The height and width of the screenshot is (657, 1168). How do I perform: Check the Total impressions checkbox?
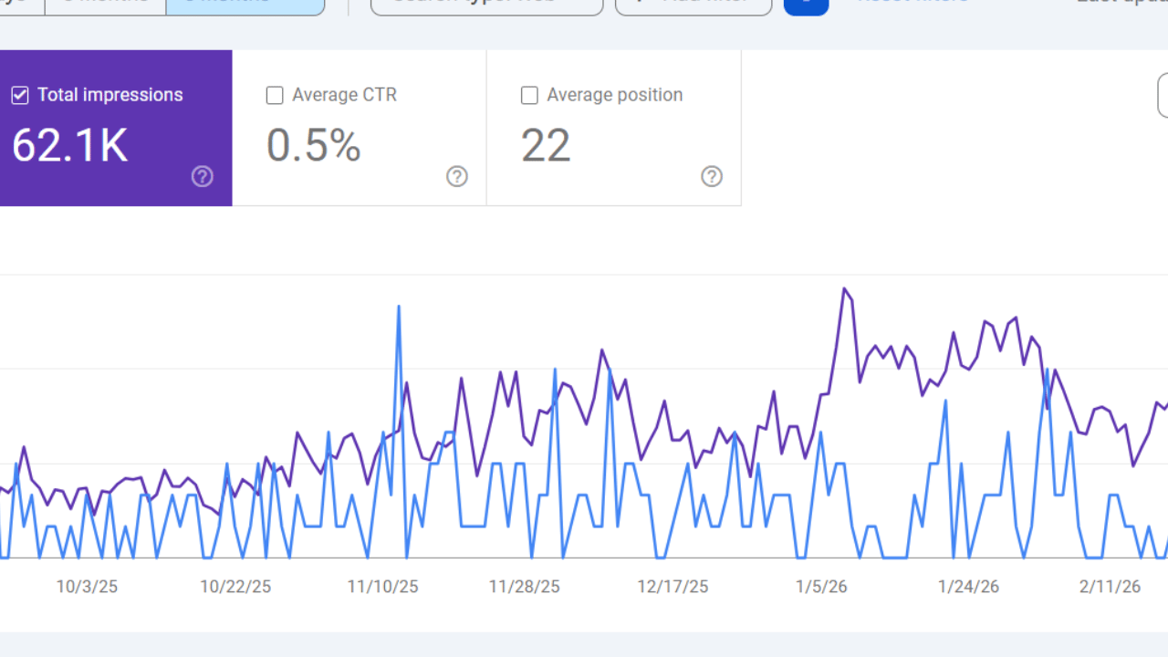click(x=20, y=95)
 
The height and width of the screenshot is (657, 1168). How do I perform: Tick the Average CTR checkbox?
click(x=275, y=95)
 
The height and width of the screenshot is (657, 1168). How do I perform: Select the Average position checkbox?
click(x=529, y=95)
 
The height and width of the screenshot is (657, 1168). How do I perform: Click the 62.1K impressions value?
click(x=70, y=146)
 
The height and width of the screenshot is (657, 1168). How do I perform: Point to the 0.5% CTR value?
click(x=314, y=146)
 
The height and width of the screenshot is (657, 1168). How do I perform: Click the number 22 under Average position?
click(x=546, y=146)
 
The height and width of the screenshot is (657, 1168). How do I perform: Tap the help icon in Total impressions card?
click(x=203, y=176)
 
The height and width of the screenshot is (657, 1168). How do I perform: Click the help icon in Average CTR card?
click(x=457, y=176)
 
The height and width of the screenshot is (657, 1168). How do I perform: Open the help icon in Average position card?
click(x=712, y=176)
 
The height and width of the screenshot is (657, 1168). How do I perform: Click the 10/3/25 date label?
click(x=87, y=587)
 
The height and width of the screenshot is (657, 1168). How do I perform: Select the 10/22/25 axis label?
click(x=235, y=587)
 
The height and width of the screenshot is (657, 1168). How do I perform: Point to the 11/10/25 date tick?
click(x=383, y=587)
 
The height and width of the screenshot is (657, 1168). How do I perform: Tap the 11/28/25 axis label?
click(x=525, y=587)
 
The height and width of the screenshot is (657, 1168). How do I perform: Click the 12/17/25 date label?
click(x=673, y=587)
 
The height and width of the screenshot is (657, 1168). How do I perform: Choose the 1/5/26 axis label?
click(x=821, y=587)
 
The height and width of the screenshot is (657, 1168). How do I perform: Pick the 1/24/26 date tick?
click(x=969, y=587)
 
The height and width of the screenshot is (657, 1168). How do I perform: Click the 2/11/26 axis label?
click(x=1110, y=587)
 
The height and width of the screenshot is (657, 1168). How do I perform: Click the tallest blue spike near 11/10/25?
click(x=399, y=307)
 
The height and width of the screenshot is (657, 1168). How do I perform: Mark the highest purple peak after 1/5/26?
click(x=845, y=289)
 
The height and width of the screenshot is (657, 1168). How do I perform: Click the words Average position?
click(x=614, y=95)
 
